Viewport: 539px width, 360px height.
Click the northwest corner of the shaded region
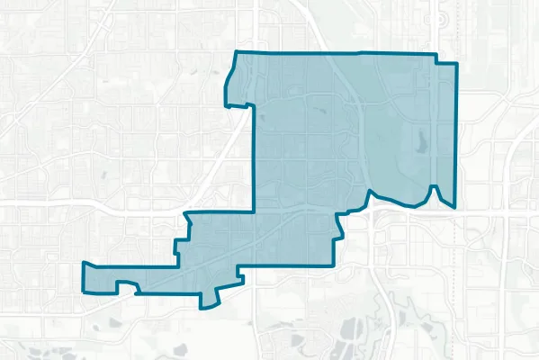(x=235, y=53)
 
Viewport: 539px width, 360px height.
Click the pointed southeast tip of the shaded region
(x=454, y=208)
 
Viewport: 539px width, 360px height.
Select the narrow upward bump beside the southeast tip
(x=434, y=187)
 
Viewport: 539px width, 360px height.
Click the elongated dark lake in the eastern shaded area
(x=421, y=141)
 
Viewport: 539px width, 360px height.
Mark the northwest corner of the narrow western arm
(x=83, y=264)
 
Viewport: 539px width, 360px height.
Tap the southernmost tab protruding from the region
(x=211, y=302)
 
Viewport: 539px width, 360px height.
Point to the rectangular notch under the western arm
(x=126, y=288)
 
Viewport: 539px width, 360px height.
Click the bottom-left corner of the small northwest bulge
(x=226, y=102)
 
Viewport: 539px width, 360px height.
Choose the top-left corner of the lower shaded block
(x=186, y=214)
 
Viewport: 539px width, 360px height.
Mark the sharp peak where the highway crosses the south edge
(x=369, y=192)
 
